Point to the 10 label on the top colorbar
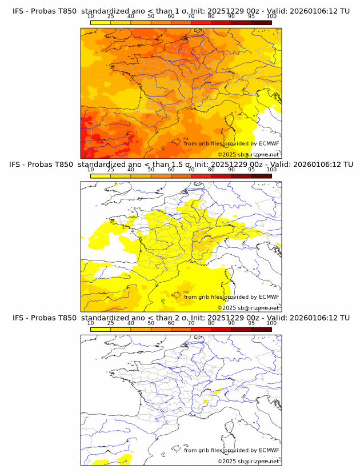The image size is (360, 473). (91, 16)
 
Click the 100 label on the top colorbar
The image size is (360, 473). (271, 16)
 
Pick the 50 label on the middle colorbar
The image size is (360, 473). (151, 170)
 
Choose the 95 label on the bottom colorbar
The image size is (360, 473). (251, 323)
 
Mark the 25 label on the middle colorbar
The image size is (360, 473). (111, 170)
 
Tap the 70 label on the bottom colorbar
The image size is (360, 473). (191, 323)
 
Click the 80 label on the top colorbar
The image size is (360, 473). (211, 16)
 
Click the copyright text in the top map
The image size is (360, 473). (248, 155)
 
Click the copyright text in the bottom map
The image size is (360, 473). (248, 461)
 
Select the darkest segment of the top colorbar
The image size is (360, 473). (261, 22)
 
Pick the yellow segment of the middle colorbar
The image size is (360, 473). (101, 176)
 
